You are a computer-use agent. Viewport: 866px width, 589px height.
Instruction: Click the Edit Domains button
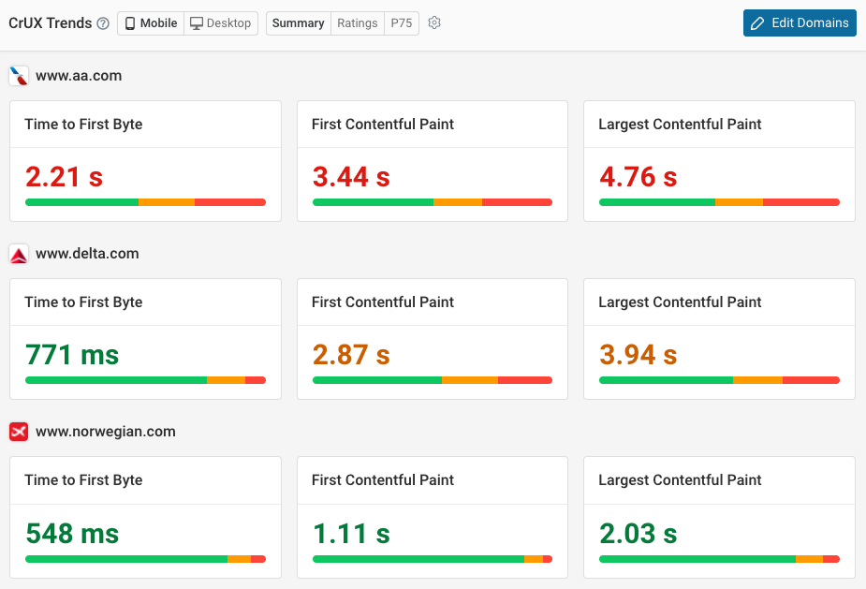(x=800, y=23)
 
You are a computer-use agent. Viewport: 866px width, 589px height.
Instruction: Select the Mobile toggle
(x=151, y=23)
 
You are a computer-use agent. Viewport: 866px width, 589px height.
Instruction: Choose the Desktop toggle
(x=221, y=23)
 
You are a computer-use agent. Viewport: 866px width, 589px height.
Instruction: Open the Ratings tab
(x=358, y=23)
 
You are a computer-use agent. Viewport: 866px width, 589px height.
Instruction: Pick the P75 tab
(x=402, y=23)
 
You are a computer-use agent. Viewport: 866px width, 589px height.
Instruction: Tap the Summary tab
(x=298, y=23)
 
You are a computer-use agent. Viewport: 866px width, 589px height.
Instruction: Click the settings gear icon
(x=434, y=23)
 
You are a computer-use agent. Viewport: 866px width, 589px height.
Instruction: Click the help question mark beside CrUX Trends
(x=103, y=23)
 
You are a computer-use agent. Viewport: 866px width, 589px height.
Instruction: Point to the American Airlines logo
(x=19, y=76)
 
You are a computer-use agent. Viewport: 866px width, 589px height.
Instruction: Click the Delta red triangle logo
(x=19, y=254)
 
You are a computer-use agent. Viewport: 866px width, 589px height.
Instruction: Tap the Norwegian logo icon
(x=19, y=432)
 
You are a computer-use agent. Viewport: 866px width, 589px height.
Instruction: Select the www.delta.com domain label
(x=87, y=254)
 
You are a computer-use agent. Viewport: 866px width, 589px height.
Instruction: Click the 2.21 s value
(x=64, y=177)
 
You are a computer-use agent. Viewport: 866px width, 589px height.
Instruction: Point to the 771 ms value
(x=72, y=355)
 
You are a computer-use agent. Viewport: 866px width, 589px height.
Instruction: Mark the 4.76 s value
(x=638, y=177)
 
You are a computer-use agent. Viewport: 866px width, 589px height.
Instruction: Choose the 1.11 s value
(x=350, y=533)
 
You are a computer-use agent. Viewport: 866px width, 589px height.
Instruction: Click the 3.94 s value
(x=638, y=355)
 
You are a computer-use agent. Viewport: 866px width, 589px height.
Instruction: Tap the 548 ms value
(x=72, y=533)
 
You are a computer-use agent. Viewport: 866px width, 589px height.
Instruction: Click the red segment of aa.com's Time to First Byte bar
(x=230, y=201)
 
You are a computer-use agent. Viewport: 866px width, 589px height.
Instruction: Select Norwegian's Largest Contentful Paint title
(x=680, y=480)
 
